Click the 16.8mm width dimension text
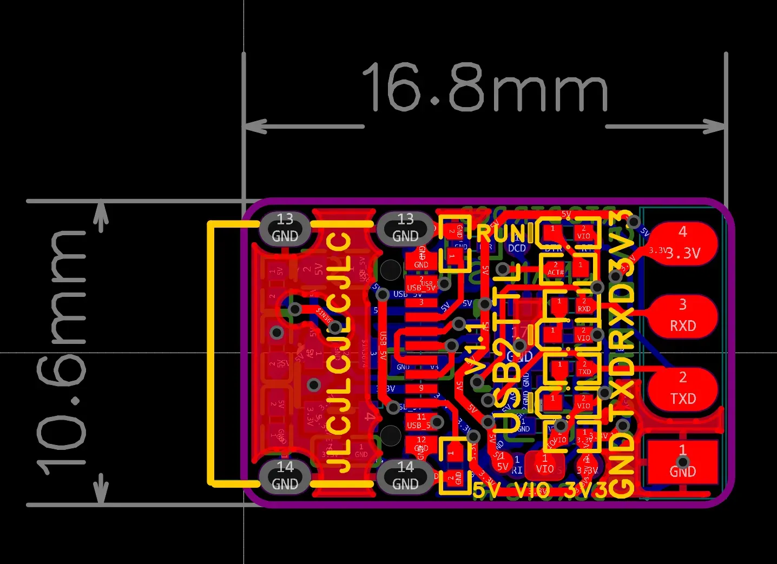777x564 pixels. coord(485,88)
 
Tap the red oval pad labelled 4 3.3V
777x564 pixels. coord(682,243)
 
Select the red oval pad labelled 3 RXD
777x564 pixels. coord(682,316)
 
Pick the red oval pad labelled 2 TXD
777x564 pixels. coord(682,389)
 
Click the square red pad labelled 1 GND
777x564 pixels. coord(682,462)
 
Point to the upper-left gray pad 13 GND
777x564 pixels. coord(285,228)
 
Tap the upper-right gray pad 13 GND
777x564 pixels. coord(405,228)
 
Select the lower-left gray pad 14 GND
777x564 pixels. coord(285,476)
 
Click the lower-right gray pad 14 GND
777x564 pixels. coord(405,476)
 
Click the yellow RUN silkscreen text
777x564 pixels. coord(501,234)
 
